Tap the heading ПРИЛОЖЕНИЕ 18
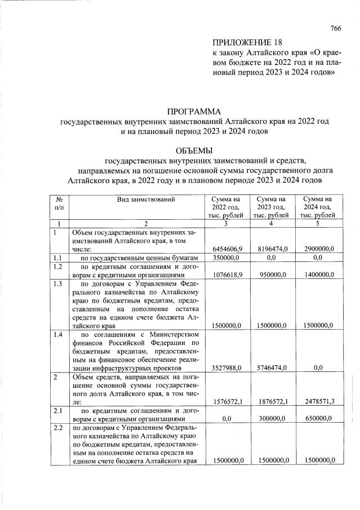coord(246,43)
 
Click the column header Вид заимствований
coord(146,199)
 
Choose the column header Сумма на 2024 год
coord(317,207)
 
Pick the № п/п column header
coord(59,203)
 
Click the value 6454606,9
coord(228,249)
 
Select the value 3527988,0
coord(228,367)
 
